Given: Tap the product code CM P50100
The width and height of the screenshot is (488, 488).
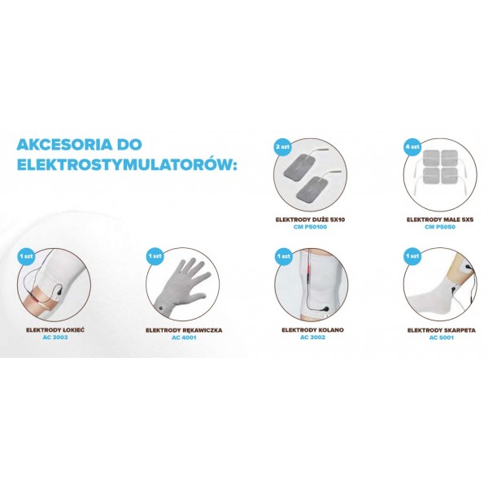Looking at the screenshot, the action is point(311,227).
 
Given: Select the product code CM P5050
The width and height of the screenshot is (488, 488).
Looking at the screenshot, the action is point(440,227).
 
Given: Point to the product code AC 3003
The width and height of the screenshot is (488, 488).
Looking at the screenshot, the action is point(55,337).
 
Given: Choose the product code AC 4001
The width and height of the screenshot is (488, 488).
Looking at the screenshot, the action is point(184,337).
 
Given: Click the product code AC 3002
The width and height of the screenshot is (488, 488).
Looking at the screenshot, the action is point(312,337).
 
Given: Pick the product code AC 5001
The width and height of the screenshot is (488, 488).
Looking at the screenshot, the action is point(442,338).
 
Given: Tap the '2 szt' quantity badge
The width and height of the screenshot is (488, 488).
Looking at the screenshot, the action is point(282,146).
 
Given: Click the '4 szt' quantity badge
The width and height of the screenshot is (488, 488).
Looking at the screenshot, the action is point(412,146).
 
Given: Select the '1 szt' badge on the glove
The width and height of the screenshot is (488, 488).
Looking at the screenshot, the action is point(155,256).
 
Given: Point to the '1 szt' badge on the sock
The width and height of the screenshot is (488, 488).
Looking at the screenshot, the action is point(412,256).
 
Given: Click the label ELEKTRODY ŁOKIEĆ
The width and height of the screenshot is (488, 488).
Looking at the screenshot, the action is point(55,330).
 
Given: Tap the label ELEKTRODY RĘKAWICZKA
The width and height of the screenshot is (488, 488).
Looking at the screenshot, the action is point(184,330).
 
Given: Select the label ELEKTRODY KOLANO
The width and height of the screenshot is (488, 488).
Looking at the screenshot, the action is point(312,330).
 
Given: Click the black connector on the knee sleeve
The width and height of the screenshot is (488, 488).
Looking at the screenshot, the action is point(325,310).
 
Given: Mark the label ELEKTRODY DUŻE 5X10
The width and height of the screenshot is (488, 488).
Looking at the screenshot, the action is point(311,220).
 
